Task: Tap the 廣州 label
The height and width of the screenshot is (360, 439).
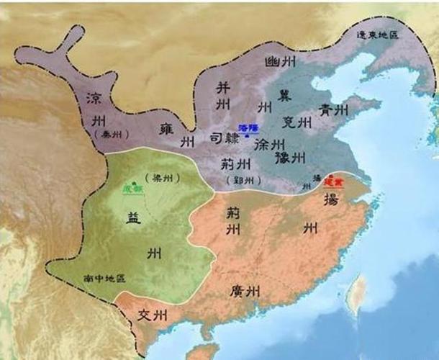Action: pyautogui.click(x=243, y=291)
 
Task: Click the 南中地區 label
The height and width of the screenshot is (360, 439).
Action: pyautogui.click(x=104, y=277)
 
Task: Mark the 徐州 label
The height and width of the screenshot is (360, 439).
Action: pyautogui.click(x=271, y=143)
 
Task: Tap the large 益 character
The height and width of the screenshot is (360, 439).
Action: pyautogui.click(x=151, y=217)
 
